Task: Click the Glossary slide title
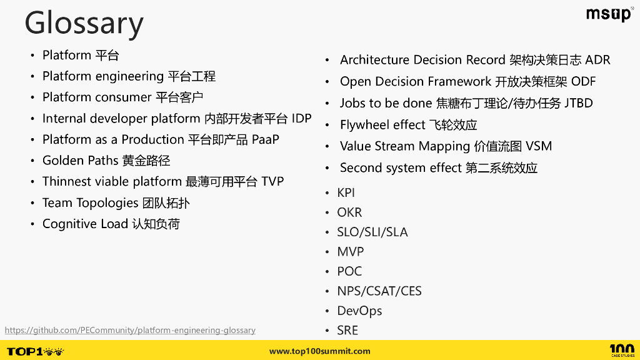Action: point(84,23)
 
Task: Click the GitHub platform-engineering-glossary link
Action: point(130,330)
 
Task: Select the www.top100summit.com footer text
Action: point(319,351)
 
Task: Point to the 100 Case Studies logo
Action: point(621,351)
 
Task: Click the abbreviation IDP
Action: point(301,119)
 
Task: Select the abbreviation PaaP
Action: point(266,139)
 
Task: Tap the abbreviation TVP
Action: point(272,182)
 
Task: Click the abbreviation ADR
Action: point(597,60)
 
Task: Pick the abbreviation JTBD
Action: point(578,103)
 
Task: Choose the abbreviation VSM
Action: point(539,146)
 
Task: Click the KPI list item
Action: point(346,193)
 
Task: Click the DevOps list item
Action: point(359,311)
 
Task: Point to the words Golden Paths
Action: point(80,161)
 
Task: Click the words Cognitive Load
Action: point(85,224)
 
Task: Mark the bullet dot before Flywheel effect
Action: point(327,125)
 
